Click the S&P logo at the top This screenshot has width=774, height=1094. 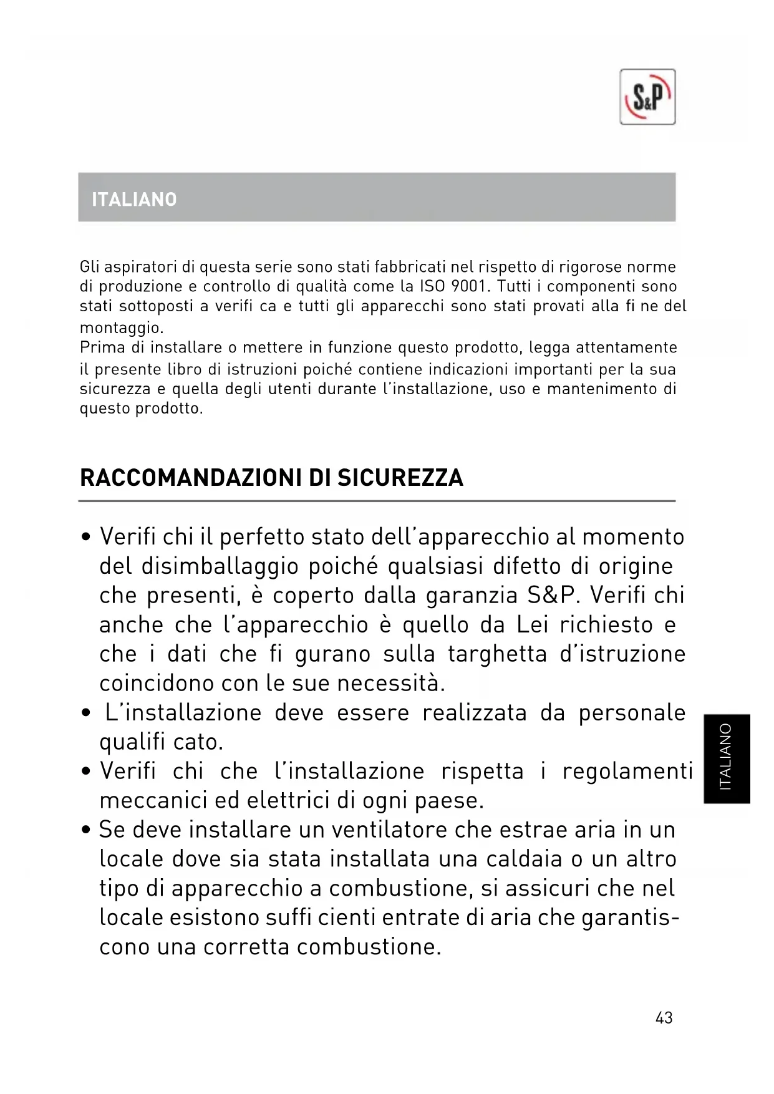point(647,97)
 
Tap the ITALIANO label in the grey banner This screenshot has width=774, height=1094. point(134,200)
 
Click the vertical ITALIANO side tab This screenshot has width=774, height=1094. point(726,758)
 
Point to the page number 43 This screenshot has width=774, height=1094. point(664,1018)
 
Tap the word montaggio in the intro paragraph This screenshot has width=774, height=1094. point(121,328)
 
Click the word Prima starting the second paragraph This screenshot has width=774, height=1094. point(102,347)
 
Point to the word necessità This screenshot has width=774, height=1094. point(391,684)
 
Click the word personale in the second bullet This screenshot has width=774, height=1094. point(632,713)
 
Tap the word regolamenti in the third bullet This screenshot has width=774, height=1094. point(627,772)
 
